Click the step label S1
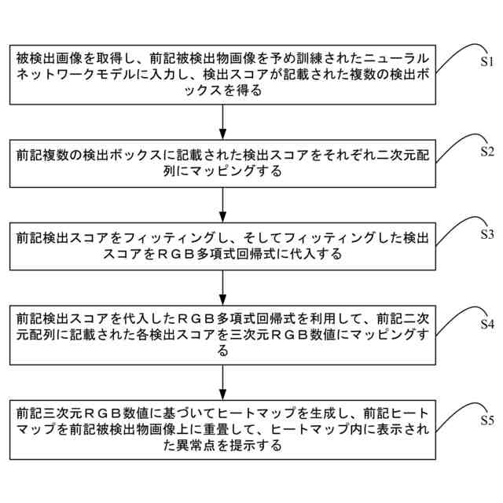486,60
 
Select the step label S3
486,234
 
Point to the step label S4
486,324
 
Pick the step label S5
486,420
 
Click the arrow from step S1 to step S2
224,122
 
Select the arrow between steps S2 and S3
224,207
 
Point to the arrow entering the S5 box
224,384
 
